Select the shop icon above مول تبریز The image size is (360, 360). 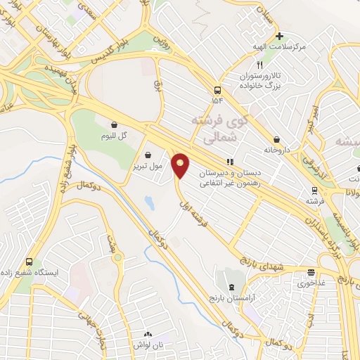(148, 155)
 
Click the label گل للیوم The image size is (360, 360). (113, 135)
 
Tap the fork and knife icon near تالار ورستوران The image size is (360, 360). (259, 65)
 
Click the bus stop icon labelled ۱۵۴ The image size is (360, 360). (217, 90)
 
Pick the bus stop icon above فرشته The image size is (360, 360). (314, 190)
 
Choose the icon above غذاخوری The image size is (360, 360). (310, 274)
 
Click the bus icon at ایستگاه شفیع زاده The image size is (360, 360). (29, 261)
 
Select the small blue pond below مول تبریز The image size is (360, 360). (149, 202)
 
